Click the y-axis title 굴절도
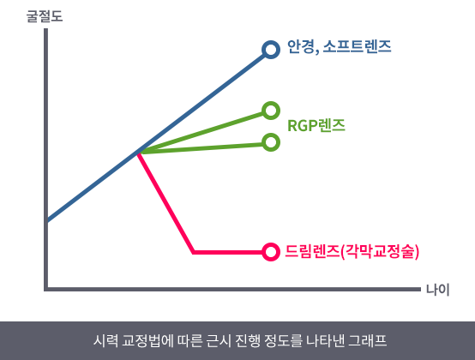[x=45, y=16]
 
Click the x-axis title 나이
[x=437, y=290]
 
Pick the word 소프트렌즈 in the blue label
[x=357, y=46]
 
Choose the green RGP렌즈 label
[x=316, y=125]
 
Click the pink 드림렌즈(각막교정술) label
[x=352, y=252]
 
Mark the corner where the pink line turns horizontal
[x=194, y=252]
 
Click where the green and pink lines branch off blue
[x=139, y=153]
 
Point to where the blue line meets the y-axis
[x=46, y=221]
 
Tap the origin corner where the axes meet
[x=46, y=289]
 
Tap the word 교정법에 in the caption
[x=147, y=340]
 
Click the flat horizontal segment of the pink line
[x=228, y=252]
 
